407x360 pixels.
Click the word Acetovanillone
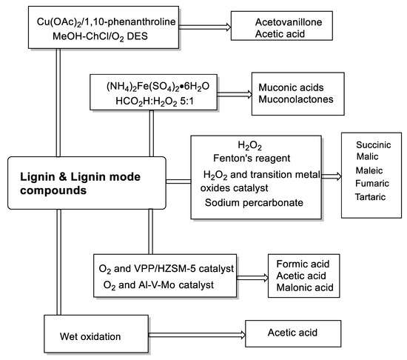[289, 22]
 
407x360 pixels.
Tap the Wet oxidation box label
[90, 336]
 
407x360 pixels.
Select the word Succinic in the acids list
[373, 144]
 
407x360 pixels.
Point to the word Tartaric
[370, 197]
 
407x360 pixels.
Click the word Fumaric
[372, 184]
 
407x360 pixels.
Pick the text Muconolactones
[296, 99]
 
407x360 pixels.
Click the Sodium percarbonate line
[254, 203]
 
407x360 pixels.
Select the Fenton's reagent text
[252, 158]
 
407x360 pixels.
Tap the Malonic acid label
[305, 287]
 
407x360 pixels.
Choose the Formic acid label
[303, 264]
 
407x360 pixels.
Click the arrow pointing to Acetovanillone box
[205, 27]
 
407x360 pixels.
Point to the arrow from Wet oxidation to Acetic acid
[197, 335]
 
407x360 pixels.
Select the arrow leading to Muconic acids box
[235, 94]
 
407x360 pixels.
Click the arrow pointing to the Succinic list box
[332, 176]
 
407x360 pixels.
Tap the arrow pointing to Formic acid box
[252, 278]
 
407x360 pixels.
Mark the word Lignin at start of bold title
[38, 177]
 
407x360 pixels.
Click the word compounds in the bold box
[53, 190]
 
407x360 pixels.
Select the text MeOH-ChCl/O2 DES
[100, 36]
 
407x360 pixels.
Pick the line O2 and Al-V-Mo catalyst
[158, 285]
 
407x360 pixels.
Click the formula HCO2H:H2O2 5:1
[155, 101]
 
